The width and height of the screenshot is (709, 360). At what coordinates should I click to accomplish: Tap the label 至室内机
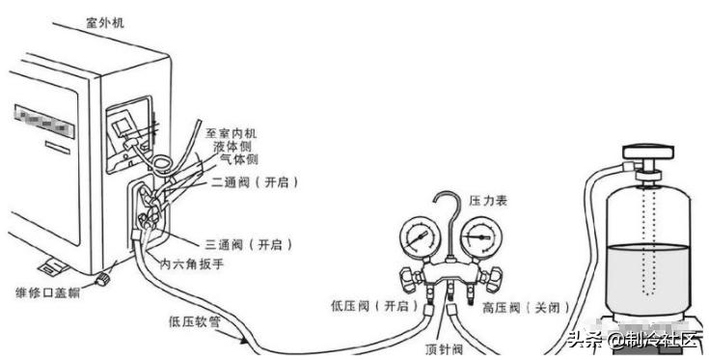[235, 132]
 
